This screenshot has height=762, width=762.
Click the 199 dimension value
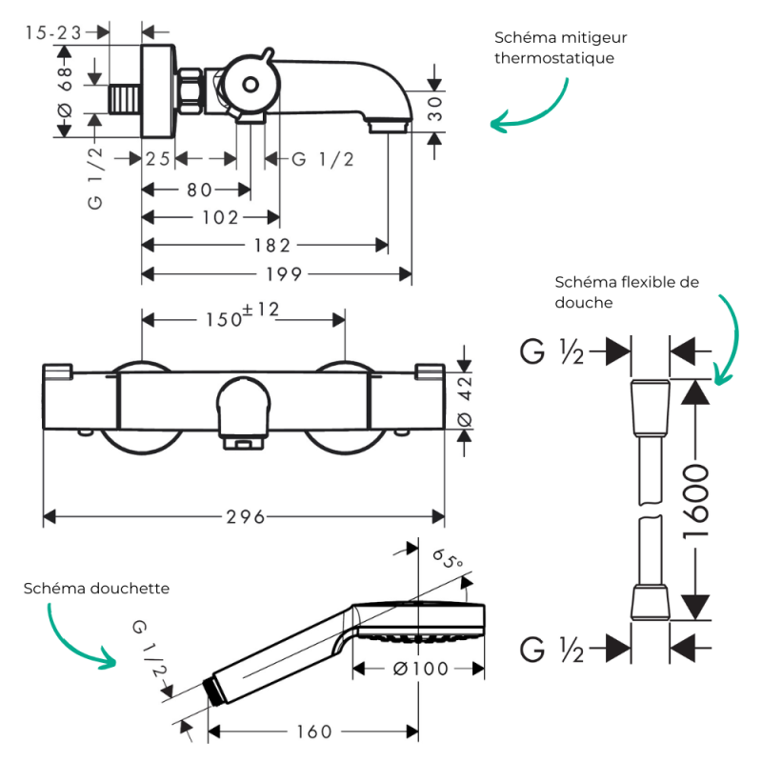[284, 274]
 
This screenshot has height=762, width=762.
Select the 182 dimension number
[272, 246]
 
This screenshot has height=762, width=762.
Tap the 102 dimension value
[220, 218]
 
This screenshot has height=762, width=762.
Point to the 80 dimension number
[199, 190]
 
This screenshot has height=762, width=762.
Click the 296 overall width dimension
[246, 517]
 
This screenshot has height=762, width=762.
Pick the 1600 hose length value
[696, 501]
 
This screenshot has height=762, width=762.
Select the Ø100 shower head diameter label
[420, 669]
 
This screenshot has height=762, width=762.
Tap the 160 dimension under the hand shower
[314, 732]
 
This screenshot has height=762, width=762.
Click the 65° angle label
[447, 559]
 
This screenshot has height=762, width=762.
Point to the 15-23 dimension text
[53, 33]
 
